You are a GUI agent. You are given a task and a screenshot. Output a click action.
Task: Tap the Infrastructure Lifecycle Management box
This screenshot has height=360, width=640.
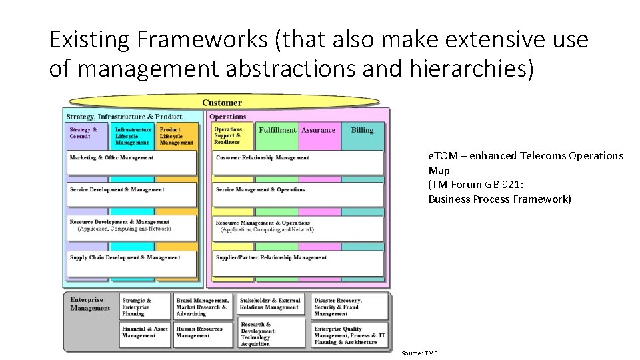tap(133, 136)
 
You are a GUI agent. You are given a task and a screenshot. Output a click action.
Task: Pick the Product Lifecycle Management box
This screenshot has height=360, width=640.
tap(178, 136)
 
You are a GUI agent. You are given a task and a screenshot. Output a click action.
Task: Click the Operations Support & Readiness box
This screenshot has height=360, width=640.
tap(232, 135)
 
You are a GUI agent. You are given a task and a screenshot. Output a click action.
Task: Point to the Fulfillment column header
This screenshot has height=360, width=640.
tap(277, 131)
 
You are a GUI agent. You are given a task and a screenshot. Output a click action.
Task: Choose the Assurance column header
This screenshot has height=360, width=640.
tap(319, 131)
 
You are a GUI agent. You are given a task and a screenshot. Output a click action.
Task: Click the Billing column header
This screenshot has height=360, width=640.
tap(362, 131)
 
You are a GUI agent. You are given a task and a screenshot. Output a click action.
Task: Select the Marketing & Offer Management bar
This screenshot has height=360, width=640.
tap(132, 162)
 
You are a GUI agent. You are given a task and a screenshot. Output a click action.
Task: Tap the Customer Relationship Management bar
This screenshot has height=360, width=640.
tap(297, 162)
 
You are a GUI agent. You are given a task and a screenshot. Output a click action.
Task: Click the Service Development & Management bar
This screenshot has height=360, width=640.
tap(132, 194)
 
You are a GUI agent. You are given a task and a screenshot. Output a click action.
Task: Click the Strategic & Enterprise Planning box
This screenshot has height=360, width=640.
tap(145, 307)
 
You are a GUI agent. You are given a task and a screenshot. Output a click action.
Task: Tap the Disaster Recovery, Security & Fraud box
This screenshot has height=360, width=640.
tap(350, 307)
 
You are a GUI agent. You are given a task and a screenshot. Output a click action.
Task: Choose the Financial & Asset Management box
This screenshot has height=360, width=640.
tap(145, 333)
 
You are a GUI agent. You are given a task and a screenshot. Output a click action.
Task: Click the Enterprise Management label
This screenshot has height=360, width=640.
tap(91, 304)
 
